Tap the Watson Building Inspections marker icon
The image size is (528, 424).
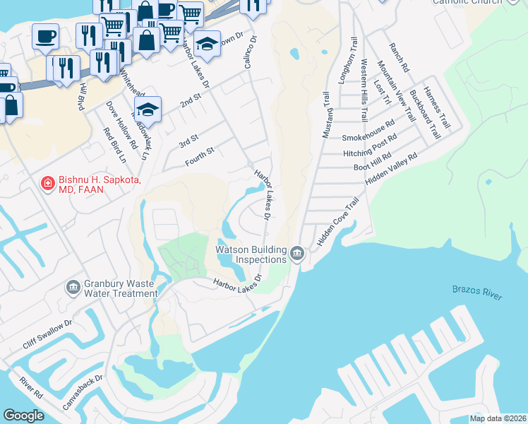pyautogui.click(x=297, y=253)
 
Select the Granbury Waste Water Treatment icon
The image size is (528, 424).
pyautogui.click(x=72, y=287)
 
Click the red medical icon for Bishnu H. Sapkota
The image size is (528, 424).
pyautogui.click(x=47, y=184)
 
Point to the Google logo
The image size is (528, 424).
pyautogui.click(x=24, y=415)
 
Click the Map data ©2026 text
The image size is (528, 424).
pyautogui.click(x=498, y=418)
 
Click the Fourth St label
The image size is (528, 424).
pyautogui.click(x=199, y=156)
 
